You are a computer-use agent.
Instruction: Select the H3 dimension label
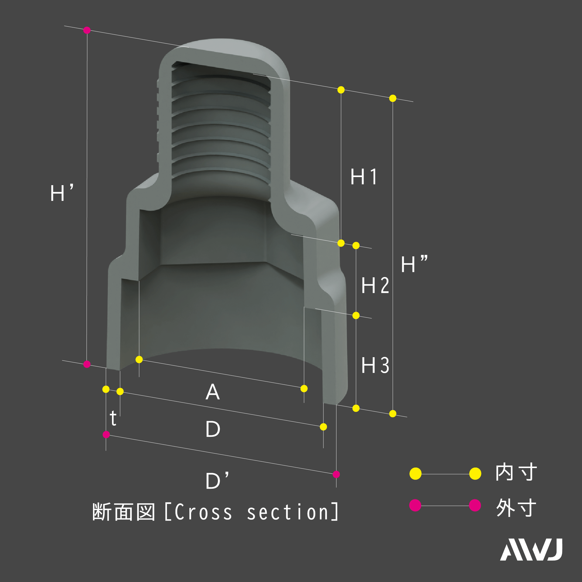coord(375,365)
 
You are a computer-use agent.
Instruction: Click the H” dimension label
coord(414,264)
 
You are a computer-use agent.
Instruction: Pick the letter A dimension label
coord(213,392)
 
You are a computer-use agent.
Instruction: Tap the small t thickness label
coord(113,418)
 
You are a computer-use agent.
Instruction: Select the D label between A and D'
coord(213,429)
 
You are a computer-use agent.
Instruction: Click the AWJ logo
coord(531,550)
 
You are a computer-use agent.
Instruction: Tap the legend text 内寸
coord(516,472)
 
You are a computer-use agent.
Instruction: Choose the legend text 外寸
coord(516,508)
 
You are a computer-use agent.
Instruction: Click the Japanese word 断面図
coord(124,512)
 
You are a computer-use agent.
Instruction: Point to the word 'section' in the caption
coord(288,512)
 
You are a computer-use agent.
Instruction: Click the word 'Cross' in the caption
coord(203,512)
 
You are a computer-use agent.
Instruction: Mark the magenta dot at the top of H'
coord(87,30)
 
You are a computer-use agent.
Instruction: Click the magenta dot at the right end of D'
coord(336,474)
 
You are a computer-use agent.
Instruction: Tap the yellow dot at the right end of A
coord(304,388)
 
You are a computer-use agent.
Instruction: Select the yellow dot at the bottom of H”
coord(393,414)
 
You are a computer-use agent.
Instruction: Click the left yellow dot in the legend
coord(415,474)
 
